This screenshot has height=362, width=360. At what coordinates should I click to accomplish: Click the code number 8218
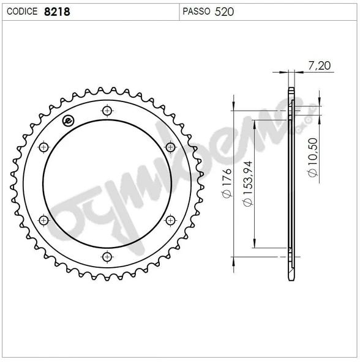pyautogui.click(x=57, y=12)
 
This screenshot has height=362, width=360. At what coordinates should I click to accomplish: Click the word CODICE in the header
pyautogui.click(x=22, y=11)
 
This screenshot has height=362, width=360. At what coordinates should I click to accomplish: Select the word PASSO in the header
pyautogui.click(x=197, y=11)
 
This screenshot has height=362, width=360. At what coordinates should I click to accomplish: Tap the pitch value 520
pyautogui.click(x=224, y=12)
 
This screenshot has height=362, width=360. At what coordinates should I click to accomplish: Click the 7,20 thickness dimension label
pyautogui.click(x=320, y=65)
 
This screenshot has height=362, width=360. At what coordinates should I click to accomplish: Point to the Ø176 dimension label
pyautogui.click(x=227, y=183)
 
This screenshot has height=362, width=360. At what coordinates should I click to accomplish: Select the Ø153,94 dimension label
pyautogui.click(x=247, y=183)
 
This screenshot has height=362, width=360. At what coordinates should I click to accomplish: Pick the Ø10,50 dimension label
pyautogui.click(x=312, y=157)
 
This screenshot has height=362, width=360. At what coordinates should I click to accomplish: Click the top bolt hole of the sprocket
pyautogui.click(x=107, y=111)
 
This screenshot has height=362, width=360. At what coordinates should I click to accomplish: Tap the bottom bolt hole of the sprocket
pyautogui.click(x=107, y=257)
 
